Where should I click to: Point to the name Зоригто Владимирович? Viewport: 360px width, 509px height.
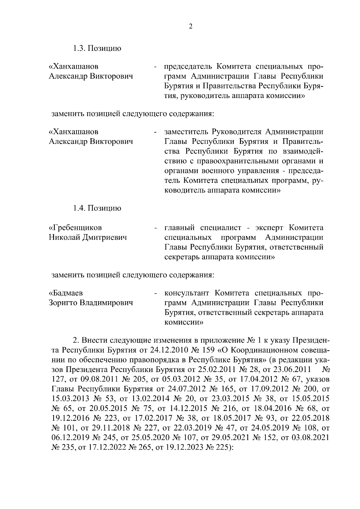[x=91, y=303]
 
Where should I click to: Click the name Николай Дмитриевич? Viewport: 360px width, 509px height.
[x=88, y=238]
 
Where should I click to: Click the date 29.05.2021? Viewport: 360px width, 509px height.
[x=228, y=438]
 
